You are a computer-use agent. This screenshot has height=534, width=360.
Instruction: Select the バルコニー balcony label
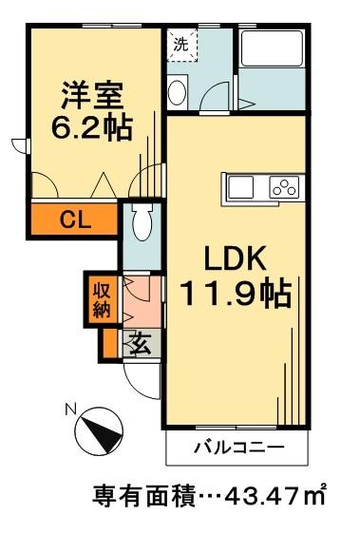(237, 447)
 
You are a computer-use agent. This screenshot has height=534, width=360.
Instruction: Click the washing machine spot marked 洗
(180, 43)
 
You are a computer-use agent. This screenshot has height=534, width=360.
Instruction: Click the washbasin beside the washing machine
(178, 92)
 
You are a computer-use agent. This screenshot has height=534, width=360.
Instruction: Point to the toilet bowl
(142, 223)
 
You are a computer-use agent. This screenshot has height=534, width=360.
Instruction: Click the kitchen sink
(242, 186)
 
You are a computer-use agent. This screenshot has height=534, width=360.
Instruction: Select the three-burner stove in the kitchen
(285, 187)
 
